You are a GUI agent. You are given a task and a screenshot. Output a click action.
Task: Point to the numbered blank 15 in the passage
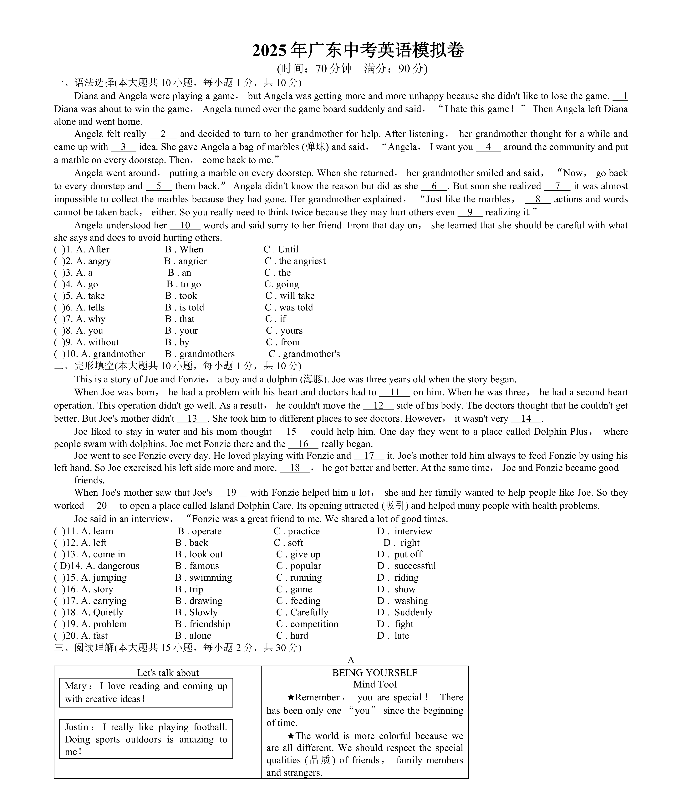291,432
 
